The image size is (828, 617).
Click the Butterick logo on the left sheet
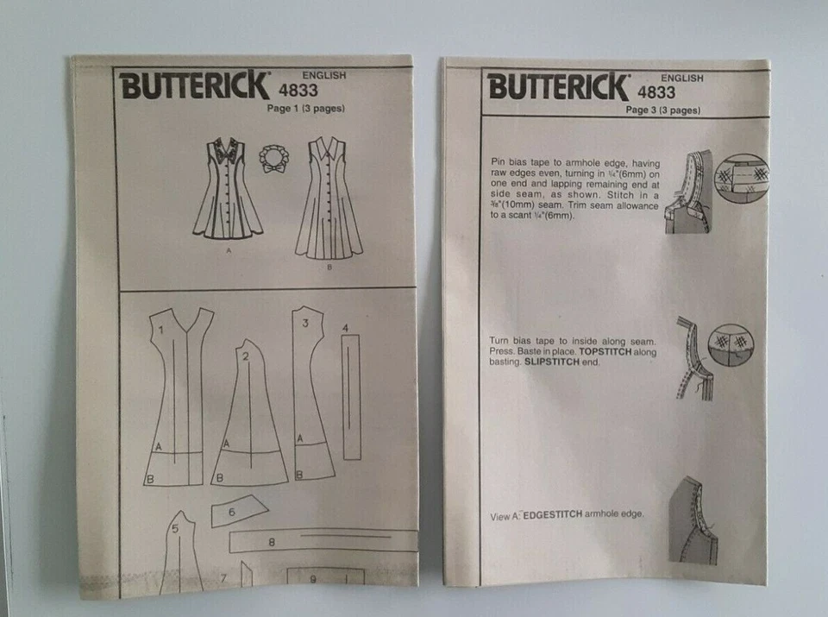pos(194,86)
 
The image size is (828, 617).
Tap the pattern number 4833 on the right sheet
pos(657,91)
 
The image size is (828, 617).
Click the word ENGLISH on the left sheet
pos(324,75)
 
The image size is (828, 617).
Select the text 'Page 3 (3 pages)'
pos(663,110)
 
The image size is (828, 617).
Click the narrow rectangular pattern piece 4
pos(351,397)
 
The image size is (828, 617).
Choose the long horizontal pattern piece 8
pos(319,541)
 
